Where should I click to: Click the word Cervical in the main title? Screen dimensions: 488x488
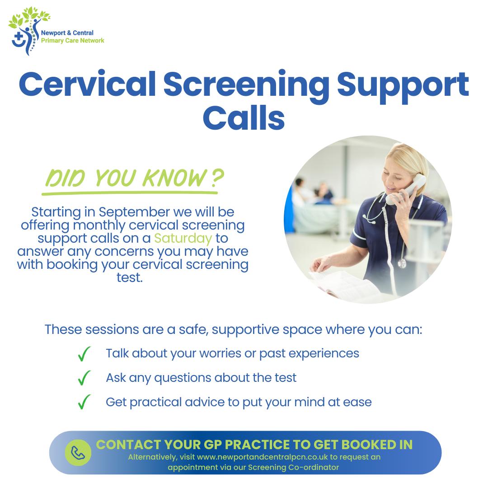click(x=88, y=84)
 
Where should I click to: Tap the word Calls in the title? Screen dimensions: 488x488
click(x=244, y=117)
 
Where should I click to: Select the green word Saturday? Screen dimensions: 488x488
click(x=183, y=238)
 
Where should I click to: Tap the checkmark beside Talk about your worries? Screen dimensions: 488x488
click(x=84, y=354)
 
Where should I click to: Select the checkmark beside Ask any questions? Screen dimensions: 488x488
click(x=84, y=378)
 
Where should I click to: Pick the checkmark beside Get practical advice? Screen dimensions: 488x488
click(x=84, y=402)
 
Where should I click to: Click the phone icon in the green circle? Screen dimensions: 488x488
click(x=78, y=453)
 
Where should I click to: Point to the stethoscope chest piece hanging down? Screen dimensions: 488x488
click(x=402, y=263)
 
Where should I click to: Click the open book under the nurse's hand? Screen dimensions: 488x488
click(x=345, y=285)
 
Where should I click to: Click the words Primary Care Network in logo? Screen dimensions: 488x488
click(x=72, y=41)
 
